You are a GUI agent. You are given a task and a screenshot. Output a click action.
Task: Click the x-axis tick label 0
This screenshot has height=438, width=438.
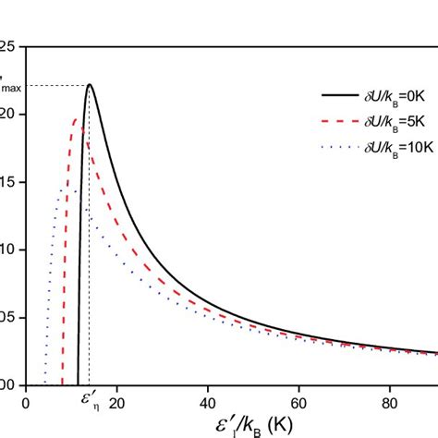pyautogui.click(x=26, y=403)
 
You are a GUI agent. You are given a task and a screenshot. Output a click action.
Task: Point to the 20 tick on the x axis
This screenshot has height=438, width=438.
pyautogui.click(x=115, y=403)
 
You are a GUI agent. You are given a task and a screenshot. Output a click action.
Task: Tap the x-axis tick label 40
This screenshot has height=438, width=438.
pyautogui.click(x=208, y=403)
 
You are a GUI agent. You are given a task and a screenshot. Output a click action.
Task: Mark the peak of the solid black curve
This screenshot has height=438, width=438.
pyautogui.click(x=90, y=85)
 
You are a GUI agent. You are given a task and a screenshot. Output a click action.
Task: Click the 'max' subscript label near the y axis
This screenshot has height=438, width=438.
pyautogui.click(x=14, y=88)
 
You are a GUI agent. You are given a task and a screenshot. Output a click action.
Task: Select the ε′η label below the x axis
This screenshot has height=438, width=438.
pyautogui.click(x=91, y=404)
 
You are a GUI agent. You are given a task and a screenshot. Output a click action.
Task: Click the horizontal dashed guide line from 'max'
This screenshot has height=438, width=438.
pyautogui.click(x=55, y=86)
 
